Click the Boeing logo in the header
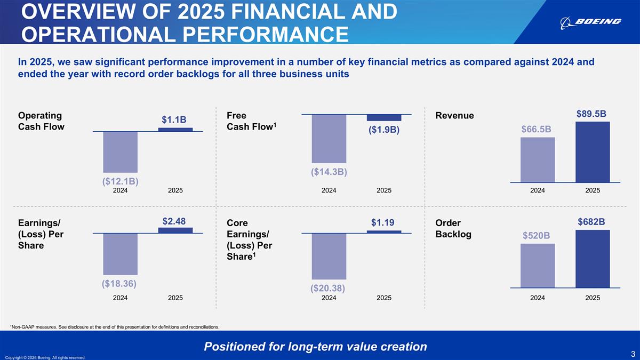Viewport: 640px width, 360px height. (590, 21)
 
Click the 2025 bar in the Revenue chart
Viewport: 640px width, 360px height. (593, 152)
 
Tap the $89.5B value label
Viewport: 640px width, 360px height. (591, 114)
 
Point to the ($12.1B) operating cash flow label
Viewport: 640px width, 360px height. (120, 181)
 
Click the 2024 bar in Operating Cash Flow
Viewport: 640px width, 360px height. (120, 151)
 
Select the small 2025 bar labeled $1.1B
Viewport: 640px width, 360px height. (175, 130)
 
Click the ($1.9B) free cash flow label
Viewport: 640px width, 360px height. (384, 130)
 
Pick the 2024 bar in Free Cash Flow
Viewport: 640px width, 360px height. (329, 139)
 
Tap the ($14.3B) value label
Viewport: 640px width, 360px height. (329, 172)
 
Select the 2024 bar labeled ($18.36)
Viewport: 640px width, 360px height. (120, 254)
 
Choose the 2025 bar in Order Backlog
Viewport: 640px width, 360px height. (593, 259)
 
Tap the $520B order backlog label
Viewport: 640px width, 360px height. (536, 236)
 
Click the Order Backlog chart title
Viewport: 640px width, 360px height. (453, 228)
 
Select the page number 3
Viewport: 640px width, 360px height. (632, 353)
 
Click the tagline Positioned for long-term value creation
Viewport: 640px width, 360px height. (315, 347)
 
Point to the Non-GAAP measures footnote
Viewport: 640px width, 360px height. (115, 326)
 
